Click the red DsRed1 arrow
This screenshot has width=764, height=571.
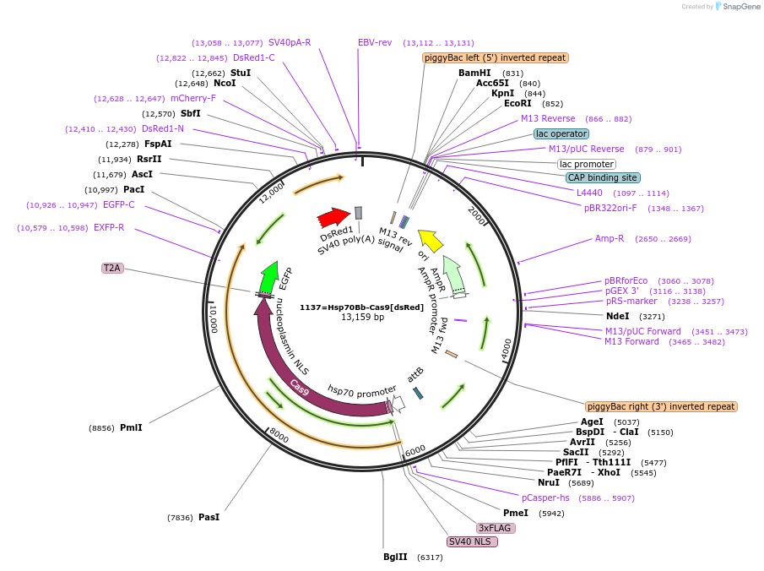(333, 218)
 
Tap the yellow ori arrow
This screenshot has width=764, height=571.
(431, 240)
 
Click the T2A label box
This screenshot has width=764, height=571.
(112, 268)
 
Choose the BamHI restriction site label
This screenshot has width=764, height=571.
(474, 73)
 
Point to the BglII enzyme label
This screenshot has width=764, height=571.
(395, 557)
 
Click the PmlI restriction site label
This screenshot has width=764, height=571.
(131, 427)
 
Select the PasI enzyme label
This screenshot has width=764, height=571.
(209, 517)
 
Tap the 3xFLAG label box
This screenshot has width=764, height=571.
(496, 528)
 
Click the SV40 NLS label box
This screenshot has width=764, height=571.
(472, 541)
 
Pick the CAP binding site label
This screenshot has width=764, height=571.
(603, 177)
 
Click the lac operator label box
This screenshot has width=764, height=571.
(561, 133)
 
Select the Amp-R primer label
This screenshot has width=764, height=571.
(610, 238)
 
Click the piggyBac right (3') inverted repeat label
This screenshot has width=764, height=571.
(661, 406)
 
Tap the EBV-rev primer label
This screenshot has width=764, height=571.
(375, 42)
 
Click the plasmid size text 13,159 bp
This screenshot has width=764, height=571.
(361, 318)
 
